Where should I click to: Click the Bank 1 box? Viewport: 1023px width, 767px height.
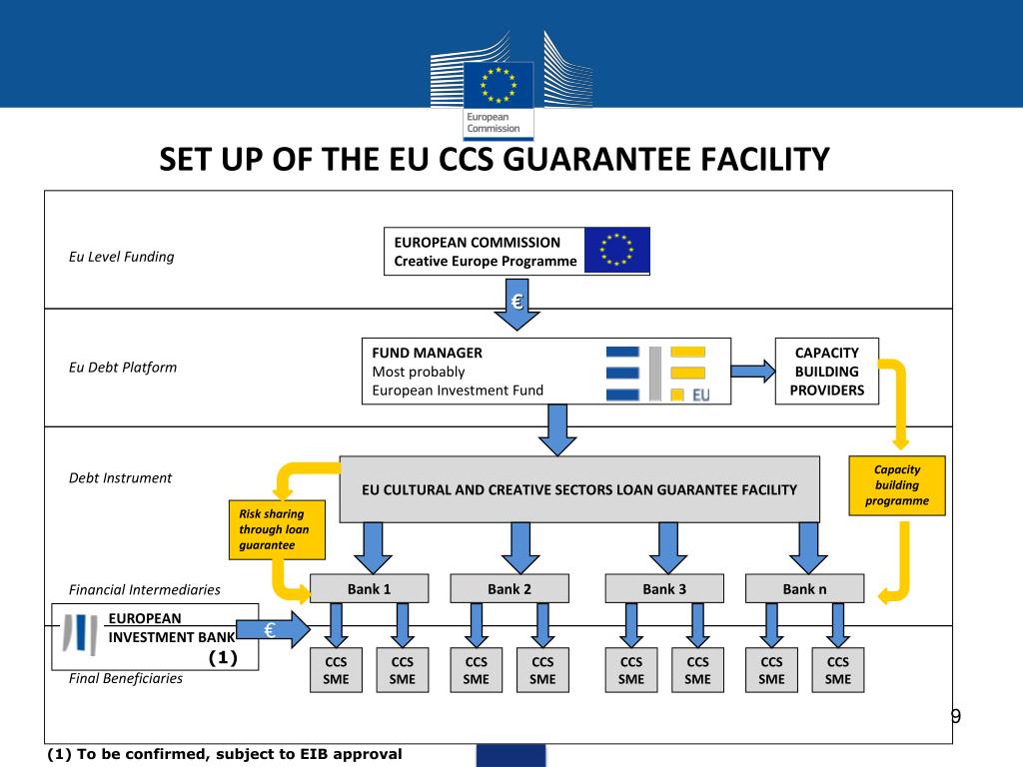(x=369, y=589)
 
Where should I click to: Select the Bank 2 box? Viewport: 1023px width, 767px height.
(x=510, y=589)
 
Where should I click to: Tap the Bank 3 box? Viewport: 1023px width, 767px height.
(x=663, y=589)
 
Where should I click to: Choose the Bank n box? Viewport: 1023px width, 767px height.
(x=804, y=589)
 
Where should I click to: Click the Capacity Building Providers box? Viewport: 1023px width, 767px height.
(x=827, y=371)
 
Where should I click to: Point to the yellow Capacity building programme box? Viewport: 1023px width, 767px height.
(x=896, y=485)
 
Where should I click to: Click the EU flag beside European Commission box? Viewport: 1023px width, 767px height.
(x=616, y=251)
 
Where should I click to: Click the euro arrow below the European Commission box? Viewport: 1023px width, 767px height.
(x=517, y=306)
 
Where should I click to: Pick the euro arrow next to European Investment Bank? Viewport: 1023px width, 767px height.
(x=275, y=631)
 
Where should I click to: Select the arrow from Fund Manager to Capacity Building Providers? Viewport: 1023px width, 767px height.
(x=753, y=372)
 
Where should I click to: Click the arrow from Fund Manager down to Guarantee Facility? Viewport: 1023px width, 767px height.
(x=557, y=429)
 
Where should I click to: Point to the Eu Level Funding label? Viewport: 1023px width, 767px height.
(x=121, y=257)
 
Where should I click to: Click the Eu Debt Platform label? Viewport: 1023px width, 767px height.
(x=122, y=367)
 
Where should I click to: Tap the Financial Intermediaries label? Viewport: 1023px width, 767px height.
(x=144, y=590)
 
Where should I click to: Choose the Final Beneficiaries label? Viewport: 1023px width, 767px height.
(x=126, y=678)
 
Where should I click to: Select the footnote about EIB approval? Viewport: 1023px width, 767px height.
(x=225, y=754)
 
